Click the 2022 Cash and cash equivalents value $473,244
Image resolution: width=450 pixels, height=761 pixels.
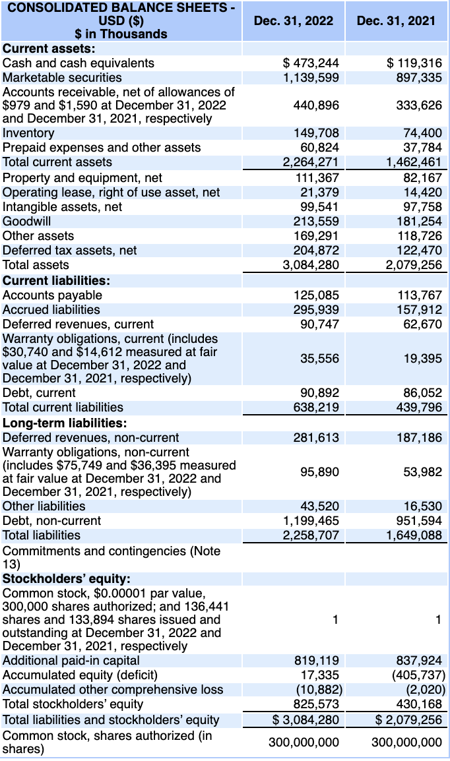point(311,63)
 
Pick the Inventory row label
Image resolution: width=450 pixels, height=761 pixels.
point(29,133)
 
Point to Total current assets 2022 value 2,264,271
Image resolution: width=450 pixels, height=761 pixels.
point(311,162)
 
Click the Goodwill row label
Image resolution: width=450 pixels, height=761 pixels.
point(27,222)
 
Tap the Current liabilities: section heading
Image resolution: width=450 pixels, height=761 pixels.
point(57,280)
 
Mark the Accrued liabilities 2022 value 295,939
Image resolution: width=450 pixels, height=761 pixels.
point(316,310)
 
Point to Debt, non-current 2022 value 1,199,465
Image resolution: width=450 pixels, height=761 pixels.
point(311,521)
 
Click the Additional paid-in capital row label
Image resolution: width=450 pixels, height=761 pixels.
point(71,661)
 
